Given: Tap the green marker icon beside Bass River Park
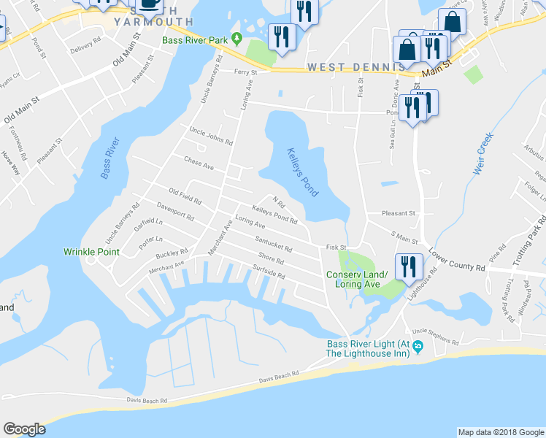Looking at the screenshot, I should coord(236,38).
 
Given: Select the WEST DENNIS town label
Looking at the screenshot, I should coord(355,66).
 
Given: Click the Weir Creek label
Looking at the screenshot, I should coord(484,154).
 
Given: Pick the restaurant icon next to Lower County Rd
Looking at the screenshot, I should coord(407,266).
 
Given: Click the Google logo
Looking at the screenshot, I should coord(24,429).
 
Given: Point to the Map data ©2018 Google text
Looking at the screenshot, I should coord(500,432).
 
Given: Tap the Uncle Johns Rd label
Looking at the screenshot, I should coord(210,136).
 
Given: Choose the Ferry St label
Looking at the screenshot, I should coord(246,72).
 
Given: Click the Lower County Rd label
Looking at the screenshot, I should coord(458,258).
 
